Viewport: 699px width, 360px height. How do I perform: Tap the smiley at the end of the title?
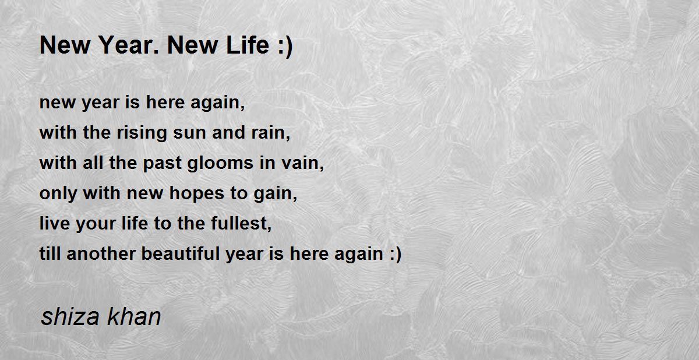[284, 46]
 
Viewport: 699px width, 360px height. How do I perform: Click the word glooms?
[214, 164]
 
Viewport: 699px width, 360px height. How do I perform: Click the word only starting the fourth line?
[58, 194]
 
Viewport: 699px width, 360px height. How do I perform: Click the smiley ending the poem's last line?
[394, 255]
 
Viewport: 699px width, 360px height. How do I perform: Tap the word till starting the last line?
[51, 255]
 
